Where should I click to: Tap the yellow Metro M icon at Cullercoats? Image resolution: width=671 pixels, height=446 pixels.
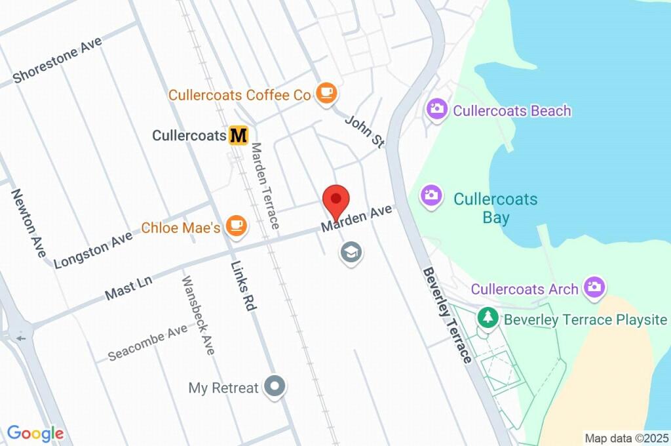tap(239, 136)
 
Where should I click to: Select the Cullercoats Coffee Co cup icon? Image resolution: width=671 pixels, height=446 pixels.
tap(326, 93)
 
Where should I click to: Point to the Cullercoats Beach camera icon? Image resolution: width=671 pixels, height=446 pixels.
tap(437, 110)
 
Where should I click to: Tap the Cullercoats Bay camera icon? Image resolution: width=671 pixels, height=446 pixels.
tap(431, 195)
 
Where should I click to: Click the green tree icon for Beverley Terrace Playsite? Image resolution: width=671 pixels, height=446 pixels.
tap(487, 318)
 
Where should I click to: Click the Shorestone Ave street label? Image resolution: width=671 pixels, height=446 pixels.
tap(58, 61)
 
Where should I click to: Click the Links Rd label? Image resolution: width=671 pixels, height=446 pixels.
tap(242, 287)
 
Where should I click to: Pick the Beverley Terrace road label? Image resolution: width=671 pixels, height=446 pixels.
tap(447, 315)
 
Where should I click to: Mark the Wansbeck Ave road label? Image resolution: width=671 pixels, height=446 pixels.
tap(198, 315)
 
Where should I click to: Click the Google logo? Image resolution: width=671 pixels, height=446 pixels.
tap(35, 433)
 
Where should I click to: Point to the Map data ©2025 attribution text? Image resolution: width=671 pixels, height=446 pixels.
tap(626, 437)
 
